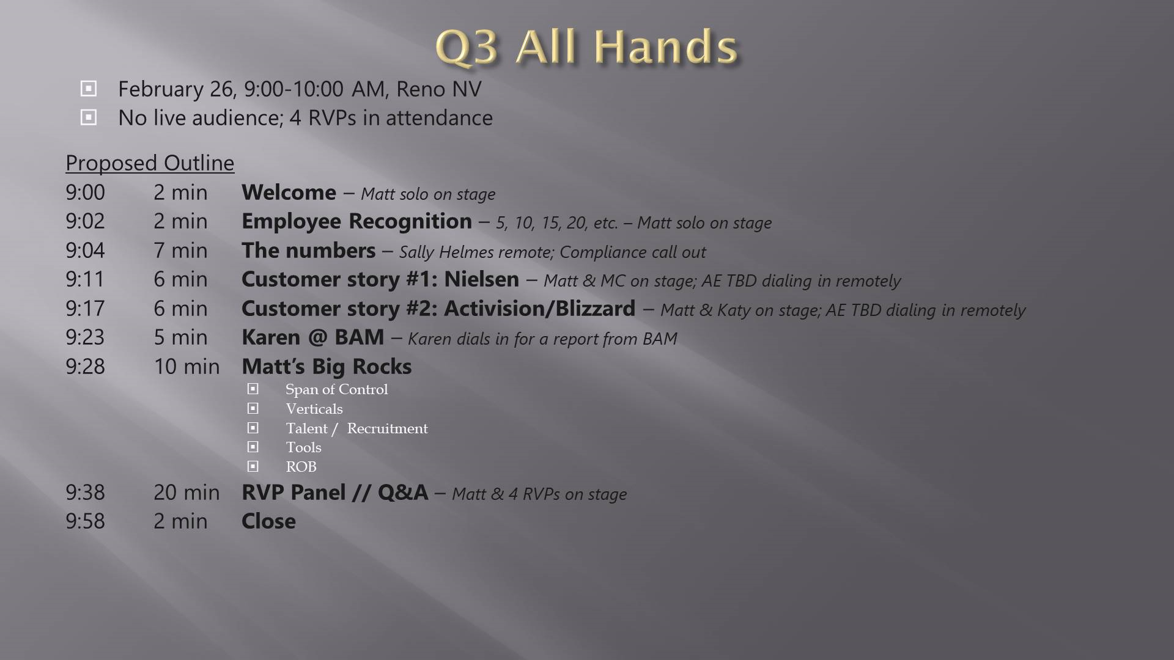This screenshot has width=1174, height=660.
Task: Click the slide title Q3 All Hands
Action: point(586,47)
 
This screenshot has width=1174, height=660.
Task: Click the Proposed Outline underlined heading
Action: point(150,163)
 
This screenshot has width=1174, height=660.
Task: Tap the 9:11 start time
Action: point(85,279)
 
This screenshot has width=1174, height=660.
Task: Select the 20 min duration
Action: point(186,492)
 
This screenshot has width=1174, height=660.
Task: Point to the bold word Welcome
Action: point(289,193)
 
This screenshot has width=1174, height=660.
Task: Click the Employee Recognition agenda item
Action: point(356,221)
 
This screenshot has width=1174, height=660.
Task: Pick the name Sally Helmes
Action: point(446,252)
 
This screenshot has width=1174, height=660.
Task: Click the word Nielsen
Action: point(481,279)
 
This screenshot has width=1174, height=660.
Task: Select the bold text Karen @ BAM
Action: point(313,337)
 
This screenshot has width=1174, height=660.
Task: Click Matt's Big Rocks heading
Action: point(327,367)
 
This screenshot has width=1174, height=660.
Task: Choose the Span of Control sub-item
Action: point(336,389)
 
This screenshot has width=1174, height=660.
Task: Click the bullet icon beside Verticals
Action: point(253,408)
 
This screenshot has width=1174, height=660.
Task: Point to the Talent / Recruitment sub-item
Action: point(356,428)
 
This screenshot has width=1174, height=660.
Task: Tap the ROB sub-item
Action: point(301,467)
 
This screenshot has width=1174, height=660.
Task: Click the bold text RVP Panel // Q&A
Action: point(335,493)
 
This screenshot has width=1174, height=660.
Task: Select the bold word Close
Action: point(268,521)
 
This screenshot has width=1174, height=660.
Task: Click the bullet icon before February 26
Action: point(88,89)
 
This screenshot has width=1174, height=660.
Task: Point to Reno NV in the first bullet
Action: point(438,89)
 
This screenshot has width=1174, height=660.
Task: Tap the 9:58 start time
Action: point(85,521)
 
